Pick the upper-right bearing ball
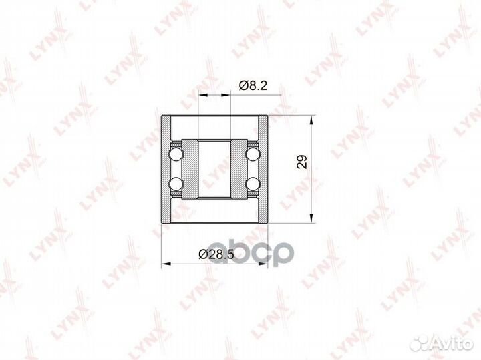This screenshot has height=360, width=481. point(253,154)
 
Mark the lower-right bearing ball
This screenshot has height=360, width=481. point(253,184)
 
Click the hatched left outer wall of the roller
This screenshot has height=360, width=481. point(166,170)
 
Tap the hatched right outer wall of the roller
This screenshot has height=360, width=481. point(263,170)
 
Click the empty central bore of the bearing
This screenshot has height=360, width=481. point(214,169)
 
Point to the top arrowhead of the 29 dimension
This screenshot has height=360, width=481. point(312,120)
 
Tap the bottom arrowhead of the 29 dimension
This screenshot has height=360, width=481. point(312,220)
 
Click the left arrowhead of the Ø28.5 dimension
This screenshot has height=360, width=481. point(165,263)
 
